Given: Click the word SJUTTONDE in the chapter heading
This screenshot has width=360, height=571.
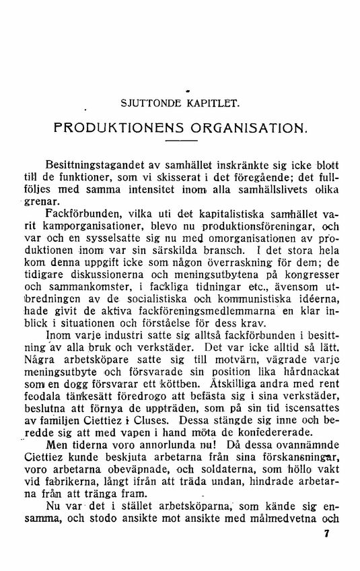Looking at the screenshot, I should (148, 104).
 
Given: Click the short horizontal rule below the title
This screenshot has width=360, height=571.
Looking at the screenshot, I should (180, 141).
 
